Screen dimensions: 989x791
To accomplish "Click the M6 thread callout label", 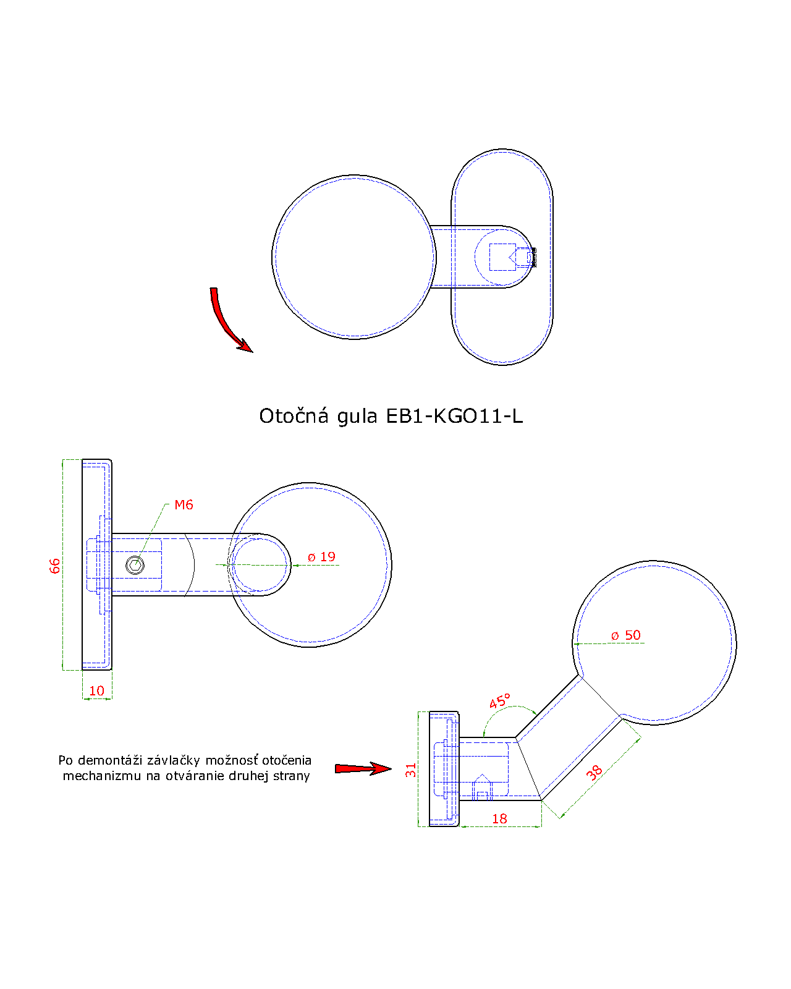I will (184, 505).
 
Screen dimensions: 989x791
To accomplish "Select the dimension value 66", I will (55, 566).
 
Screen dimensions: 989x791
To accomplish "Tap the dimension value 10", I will (97, 691).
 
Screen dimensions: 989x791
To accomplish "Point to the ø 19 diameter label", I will (321, 557).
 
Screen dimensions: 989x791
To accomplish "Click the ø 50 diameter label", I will (625, 635).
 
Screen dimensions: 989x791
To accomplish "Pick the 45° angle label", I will (500, 702).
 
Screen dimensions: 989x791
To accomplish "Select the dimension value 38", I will (594, 773).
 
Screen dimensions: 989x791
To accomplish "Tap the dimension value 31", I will (410, 770).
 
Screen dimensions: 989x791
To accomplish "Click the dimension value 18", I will (499, 819).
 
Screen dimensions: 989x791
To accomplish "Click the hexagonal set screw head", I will (135, 565).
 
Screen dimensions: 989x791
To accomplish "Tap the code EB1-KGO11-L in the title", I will (454, 416).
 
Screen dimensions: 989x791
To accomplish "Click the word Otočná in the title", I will (294, 416).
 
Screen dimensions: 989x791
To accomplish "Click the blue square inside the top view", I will (502, 257).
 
